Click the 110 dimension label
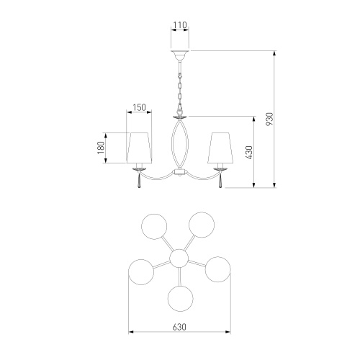click(x=180, y=25)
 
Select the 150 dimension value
click(x=139, y=107)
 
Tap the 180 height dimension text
click(x=101, y=148)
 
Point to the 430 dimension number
click(x=249, y=153)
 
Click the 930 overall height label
click(x=269, y=119)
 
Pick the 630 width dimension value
click(x=179, y=327)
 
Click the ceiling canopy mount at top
click(x=180, y=55)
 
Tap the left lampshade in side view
click(x=139, y=148)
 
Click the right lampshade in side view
click(x=220, y=148)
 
